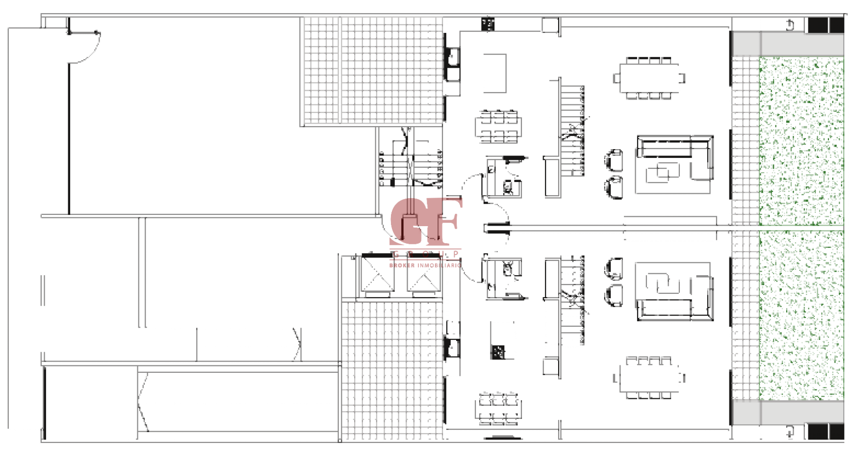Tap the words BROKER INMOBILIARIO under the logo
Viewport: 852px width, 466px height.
(425, 265)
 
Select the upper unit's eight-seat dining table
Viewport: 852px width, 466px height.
(648, 78)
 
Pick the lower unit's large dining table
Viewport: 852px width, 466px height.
(648, 378)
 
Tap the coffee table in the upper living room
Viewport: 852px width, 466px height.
(662, 172)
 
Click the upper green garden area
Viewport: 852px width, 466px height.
(801, 140)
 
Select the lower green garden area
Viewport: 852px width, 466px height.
(801, 314)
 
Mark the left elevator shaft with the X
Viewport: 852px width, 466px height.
(377, 275)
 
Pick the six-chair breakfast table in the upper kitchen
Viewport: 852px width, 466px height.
(498, 127)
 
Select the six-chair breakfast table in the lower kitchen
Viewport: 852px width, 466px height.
(498, 408)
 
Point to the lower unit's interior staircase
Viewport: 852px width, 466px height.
(572, 299)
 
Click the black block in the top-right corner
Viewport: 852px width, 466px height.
(825, 25)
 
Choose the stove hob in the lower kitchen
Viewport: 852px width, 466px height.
(497, 352)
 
